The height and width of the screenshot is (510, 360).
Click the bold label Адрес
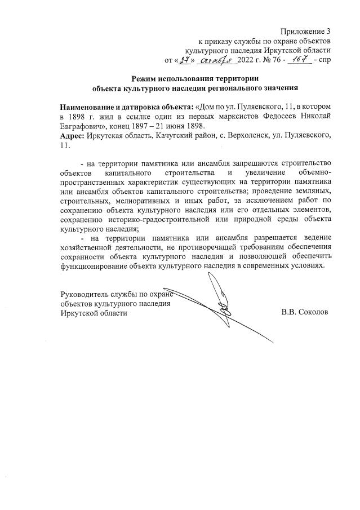[73, 135]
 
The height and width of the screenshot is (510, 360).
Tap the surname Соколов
[312, 312]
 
